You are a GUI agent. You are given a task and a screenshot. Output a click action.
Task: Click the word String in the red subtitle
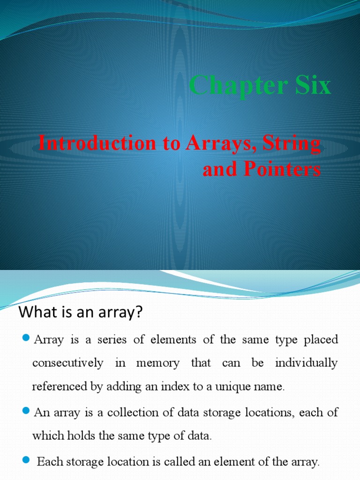(292, 143)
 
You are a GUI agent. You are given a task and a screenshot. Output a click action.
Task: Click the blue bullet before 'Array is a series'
(26, 338)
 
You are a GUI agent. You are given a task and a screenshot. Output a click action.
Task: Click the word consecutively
(67, 363)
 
